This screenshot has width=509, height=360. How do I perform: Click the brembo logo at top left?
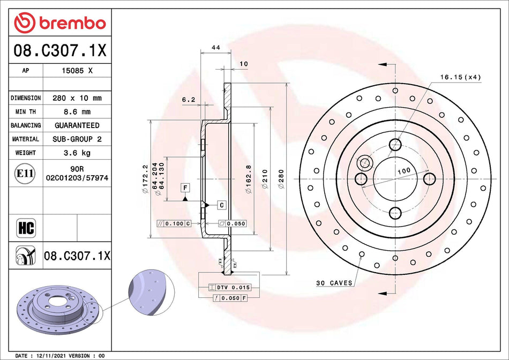coord(60,23)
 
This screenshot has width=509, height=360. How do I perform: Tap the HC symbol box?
coord(26,227)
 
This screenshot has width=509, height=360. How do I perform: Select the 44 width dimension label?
coord(216,48)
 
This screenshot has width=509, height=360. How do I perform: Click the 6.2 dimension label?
coord(188,99)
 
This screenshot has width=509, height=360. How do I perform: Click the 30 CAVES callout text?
coord(333,282)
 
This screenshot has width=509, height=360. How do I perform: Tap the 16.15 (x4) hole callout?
coord(460,77)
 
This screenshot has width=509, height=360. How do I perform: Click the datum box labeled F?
coord(185,187)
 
